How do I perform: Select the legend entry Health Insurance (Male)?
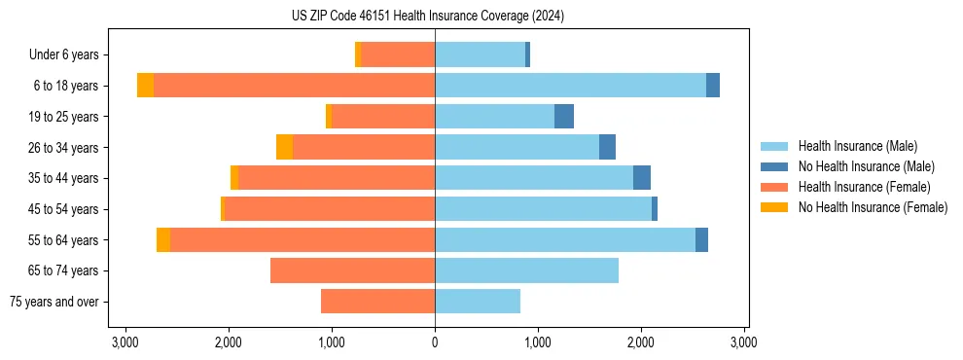pyautogui.click(x=856, y=146)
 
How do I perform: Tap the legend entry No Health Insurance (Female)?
pyautogui.click(x=873, y=207)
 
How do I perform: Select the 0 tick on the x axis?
pyautogui.click(x=435, y=342)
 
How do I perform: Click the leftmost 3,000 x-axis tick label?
pyautogui.click(x=125, y=342)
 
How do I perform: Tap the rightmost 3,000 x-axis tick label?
pyautogui.click(x=744, y=342)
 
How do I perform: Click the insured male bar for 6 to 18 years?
pyautogui.click(x=570, y=86)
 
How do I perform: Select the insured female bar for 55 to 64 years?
pyautogui.click(x=303, y=240)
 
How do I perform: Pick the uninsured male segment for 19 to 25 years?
pyautogui.click(x=564, y=117)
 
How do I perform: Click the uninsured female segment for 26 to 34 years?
pyautogui.click(x=284, y=147)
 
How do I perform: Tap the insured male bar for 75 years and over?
pyautogui.click(x=478, y=302)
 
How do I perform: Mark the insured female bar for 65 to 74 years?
pyautogui.click(x=352, y=270)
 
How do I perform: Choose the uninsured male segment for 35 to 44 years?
pyautogui.click(x=642, y=178)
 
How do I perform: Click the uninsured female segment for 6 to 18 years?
pyautogui.click(x=145, y=86)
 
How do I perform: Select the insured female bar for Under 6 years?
pyautogui.click(x=398, y=55)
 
